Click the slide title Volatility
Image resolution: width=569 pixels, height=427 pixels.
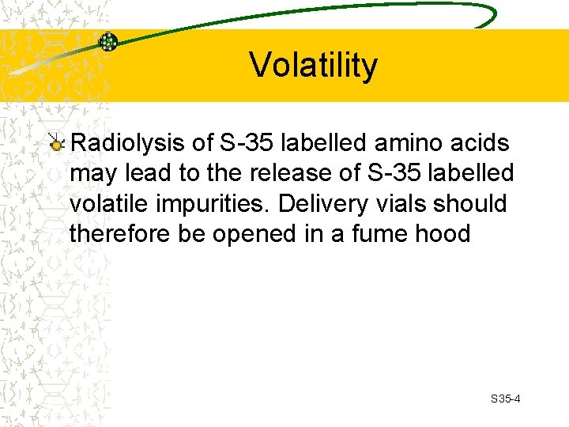[x=314, y=66]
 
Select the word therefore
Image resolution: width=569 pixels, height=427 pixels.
[x=115, y=233]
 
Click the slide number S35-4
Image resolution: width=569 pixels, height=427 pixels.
[x=505, y=399]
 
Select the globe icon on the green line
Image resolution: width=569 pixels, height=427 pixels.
[x=107, y=42]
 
